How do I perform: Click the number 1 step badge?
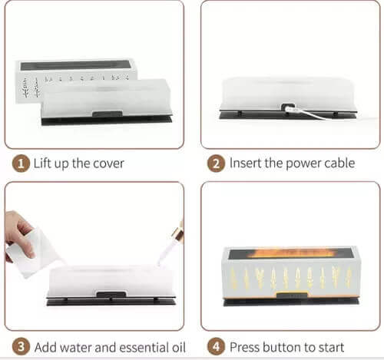click(21, 163)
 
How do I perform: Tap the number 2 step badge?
click(216, 163)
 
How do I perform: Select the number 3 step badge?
click(21, 347)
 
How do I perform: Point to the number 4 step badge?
click(216, 347)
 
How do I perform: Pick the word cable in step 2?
click(339, 163)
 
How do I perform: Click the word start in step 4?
click(332, 348)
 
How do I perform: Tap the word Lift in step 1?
click(42, 163)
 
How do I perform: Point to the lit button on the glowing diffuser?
click(292, 296)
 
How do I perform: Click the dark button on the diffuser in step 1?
click(108, 114)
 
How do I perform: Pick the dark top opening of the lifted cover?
click(76, 65)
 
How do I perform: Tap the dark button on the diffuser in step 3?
click(111, 294)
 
